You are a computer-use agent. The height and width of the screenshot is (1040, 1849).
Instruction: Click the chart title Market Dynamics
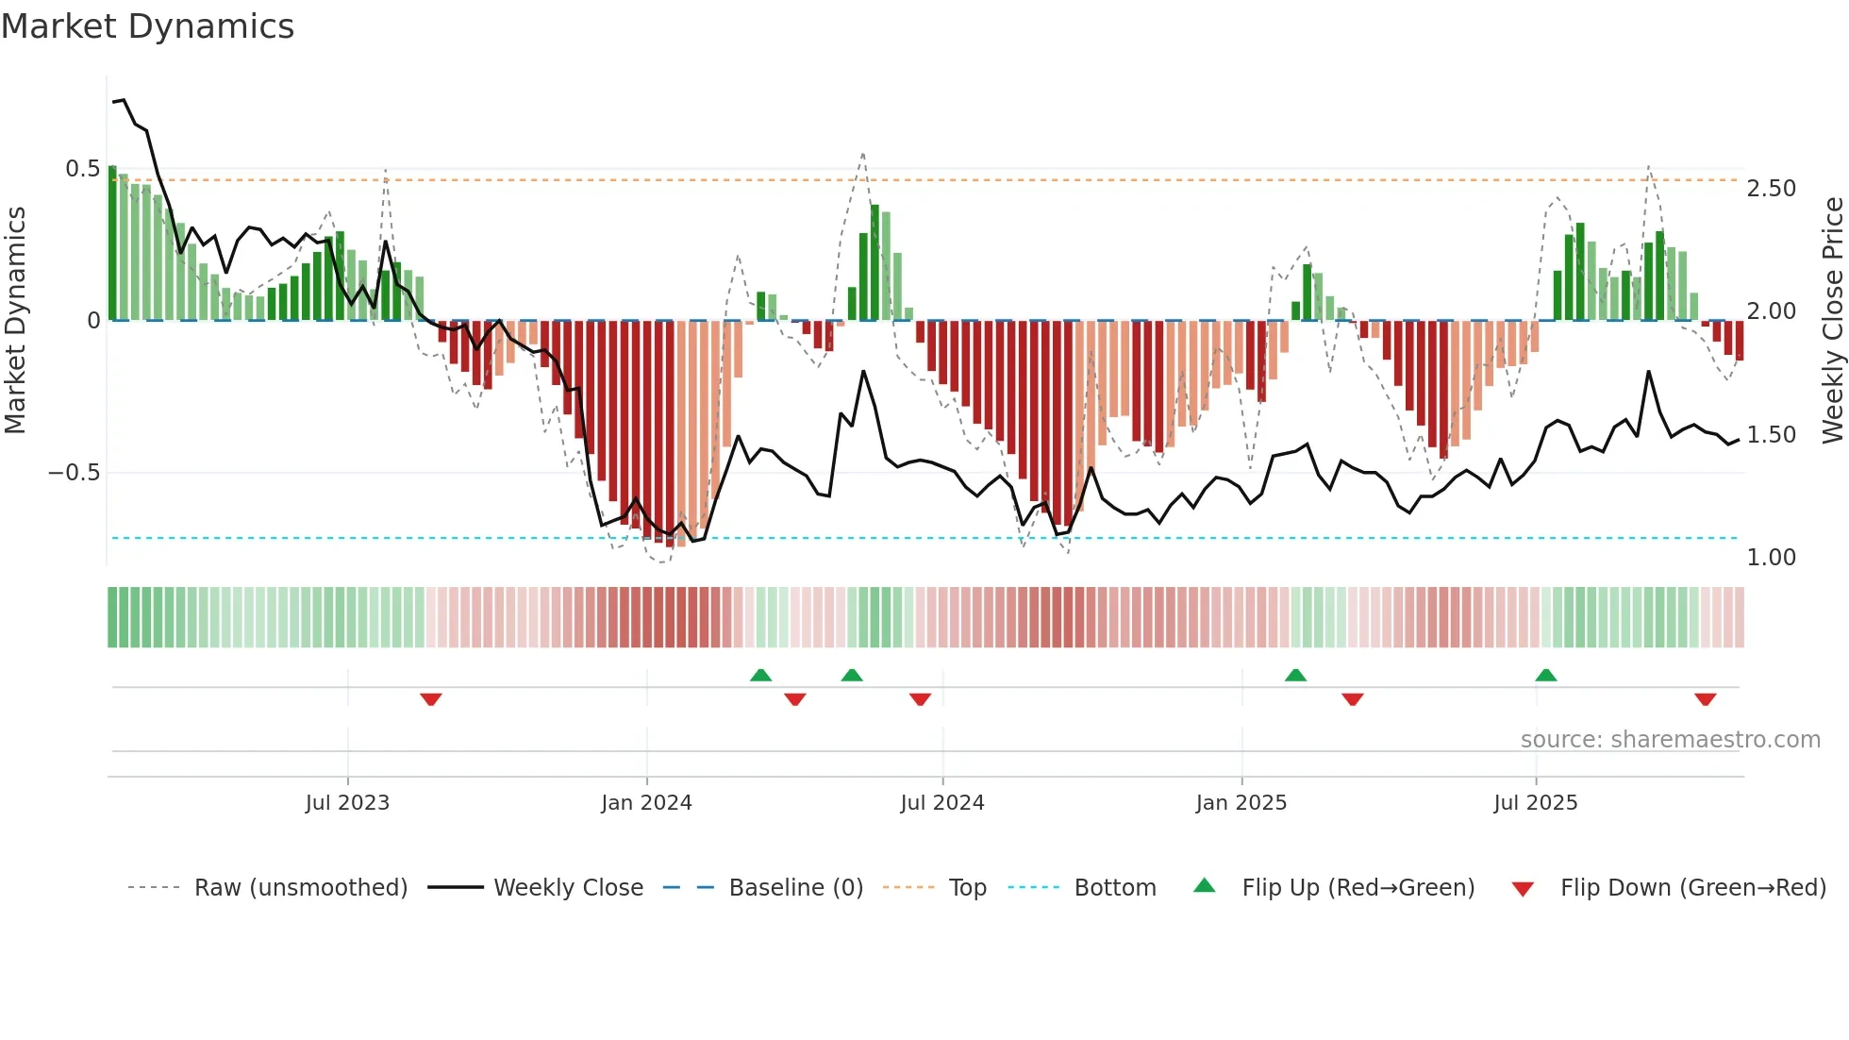coord(147,26)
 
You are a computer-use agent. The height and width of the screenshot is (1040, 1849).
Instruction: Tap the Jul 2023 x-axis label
coord(347,803)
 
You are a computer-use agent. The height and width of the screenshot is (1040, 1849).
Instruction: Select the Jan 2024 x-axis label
coord(646,803)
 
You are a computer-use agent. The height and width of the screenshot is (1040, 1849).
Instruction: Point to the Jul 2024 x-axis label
coord(941,803)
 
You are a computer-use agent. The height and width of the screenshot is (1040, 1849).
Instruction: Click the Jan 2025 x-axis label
coord(1241,803)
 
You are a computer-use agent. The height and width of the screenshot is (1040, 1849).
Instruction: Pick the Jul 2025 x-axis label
coord(1535,803)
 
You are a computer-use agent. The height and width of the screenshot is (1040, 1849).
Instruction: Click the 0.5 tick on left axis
coord(82,169)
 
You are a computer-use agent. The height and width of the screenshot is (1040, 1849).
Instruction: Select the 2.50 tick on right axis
coord(1771,189)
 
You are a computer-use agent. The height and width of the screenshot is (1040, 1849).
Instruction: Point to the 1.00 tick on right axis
coord(1771,558)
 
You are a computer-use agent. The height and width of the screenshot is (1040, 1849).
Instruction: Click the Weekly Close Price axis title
coord(1832,320)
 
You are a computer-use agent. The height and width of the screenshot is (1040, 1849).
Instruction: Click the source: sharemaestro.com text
coord(1670,740)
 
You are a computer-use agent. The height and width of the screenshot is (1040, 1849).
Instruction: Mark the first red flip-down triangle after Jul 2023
coord(431,699)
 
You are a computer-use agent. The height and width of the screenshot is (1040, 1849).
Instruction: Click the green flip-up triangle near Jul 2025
coord(1545,675)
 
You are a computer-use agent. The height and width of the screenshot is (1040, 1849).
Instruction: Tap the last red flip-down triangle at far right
coord(1705,699)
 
